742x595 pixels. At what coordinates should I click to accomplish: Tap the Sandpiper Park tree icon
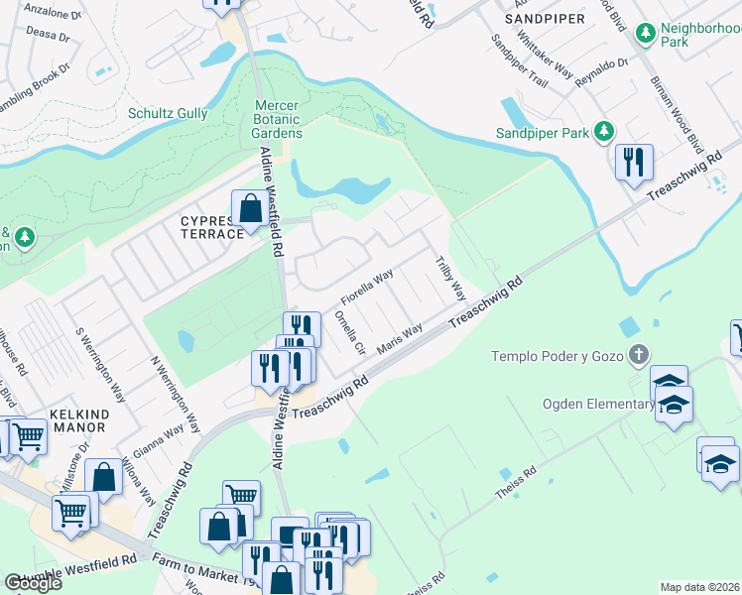click(x=601, y=132)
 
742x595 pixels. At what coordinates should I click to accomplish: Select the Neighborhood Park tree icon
click(x=647, y=35)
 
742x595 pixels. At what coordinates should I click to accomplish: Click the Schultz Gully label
click(x=168, y=113)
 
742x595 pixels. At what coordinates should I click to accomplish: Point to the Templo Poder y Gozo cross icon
click(x=640, y=354)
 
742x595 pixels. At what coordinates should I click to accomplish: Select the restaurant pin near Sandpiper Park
click(x=634, y=163)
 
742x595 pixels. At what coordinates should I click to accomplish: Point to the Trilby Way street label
click(x=451, y=279)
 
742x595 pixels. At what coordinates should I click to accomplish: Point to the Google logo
click(x=33, y=583)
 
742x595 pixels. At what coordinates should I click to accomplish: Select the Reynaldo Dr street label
click(x=602, y=71)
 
